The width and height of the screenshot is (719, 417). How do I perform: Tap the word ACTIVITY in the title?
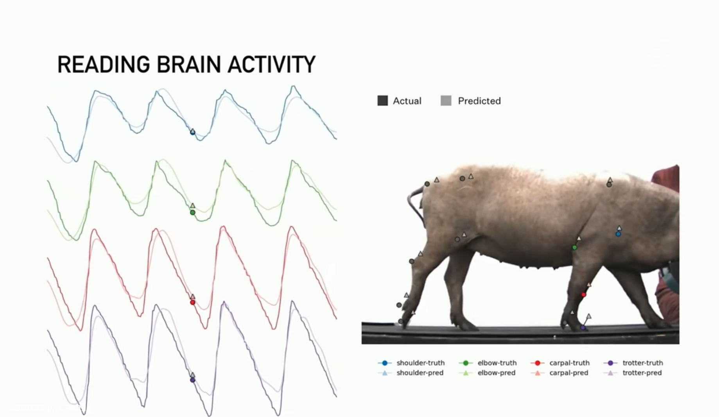pyautogui.click(x=271, y=65)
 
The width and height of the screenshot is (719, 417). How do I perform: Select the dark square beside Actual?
pyautogui.click(x=382, y=101)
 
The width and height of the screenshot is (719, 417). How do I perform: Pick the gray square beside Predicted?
pyautogui.click(x=446, y=101)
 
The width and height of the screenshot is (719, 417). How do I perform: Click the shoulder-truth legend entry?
pyautogui.click(x=411, y=363)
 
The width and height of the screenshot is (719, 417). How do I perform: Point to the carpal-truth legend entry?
pyautogui.click(x=560, y=363)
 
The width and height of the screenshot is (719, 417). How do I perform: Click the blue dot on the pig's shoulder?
pyautogui.click(x=618, y=234)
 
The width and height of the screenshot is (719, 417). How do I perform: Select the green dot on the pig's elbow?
pyautogui.click(x=574, y=248)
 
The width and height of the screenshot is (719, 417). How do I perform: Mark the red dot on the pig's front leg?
pyautogui.click(x=583, y=295)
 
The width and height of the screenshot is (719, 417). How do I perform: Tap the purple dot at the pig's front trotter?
pyautogui.click(x=583, y=328)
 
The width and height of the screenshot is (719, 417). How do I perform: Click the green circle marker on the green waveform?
pyautogui.click(x=192, y=213)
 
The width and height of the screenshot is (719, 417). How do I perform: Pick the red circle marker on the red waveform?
pyautogui.click(x=192, y=303)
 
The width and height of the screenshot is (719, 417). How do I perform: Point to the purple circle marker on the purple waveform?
pyautogui.click(x=192, y=380)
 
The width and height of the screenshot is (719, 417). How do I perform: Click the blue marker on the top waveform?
pyautogui.click(x=192, y=132)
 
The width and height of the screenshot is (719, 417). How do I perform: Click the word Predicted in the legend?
pyautogui.click(x=479, y=101)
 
